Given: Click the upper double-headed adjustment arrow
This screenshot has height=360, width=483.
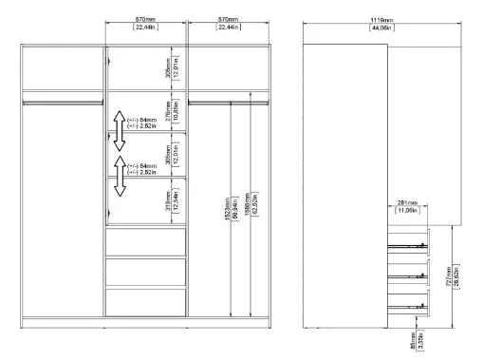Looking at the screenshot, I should (120, 131).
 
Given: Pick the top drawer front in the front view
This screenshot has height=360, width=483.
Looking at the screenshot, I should (145, 243).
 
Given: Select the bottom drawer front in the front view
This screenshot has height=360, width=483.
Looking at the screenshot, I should (145, 301).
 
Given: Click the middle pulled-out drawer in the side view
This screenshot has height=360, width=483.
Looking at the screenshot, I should (409, 275).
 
